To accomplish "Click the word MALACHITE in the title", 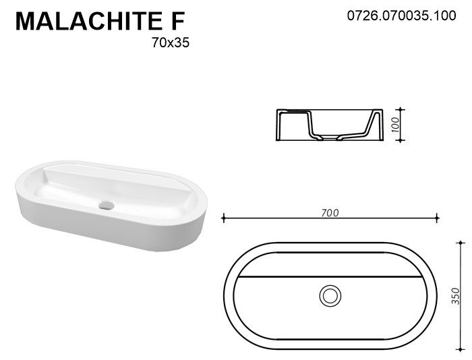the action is point(89,21).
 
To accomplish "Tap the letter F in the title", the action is point(177,21).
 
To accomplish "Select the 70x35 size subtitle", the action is point(171,42).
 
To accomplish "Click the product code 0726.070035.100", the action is point(402,16).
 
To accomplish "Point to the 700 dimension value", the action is point(330,213).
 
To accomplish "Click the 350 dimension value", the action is point(456,296).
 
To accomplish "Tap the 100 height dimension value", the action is point(396,125).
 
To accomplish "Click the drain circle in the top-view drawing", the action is point(330,296).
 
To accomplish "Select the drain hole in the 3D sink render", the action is point(107,206).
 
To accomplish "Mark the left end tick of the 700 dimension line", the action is point(223,218).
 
